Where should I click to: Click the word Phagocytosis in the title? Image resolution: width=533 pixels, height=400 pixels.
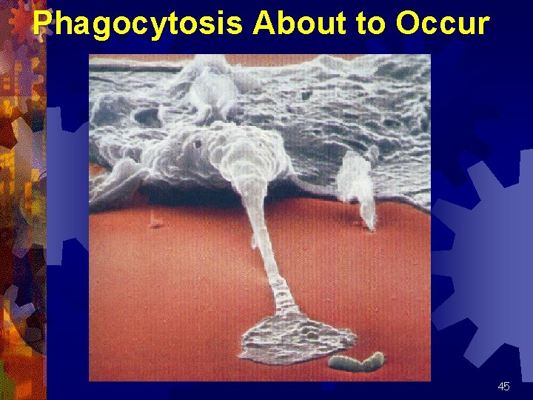point(138,24)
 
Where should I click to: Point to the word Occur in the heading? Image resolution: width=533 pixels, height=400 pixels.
point(442,24)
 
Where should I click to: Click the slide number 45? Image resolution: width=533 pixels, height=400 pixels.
point(503,387)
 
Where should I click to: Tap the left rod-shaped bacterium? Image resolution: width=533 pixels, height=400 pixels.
point(343,364)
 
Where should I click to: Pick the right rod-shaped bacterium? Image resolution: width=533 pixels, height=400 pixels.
point(372,361)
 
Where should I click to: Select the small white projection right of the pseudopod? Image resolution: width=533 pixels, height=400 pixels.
point(358,185)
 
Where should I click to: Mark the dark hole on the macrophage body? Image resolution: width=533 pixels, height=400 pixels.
point(198,142)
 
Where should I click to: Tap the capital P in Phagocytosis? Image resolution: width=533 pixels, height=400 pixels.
point(44,24)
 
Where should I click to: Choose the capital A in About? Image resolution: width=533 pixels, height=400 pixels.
point(264,24)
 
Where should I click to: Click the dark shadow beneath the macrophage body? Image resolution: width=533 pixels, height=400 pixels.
point(185,194)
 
